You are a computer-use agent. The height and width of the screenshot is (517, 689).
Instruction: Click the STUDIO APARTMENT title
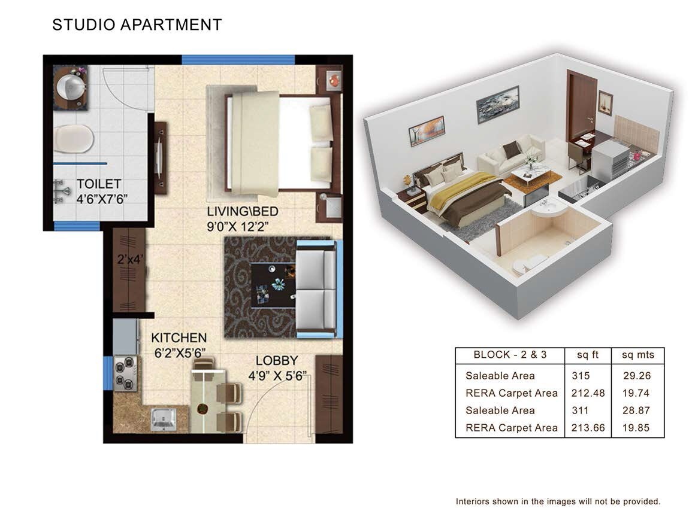137,25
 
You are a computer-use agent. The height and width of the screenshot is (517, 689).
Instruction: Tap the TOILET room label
99,184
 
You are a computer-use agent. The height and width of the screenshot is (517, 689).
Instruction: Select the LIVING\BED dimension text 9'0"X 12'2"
243,227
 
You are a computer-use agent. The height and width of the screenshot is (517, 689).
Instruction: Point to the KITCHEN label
179,338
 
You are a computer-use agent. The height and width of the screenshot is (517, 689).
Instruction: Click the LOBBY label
277,361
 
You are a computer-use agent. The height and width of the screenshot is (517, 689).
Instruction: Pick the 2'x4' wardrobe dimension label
130,260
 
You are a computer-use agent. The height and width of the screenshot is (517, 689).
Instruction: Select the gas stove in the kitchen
126,373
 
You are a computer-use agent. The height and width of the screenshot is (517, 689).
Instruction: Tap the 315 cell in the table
581,376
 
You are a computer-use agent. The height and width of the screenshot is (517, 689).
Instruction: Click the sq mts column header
637,355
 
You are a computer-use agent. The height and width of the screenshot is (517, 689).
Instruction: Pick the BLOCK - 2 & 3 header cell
510,355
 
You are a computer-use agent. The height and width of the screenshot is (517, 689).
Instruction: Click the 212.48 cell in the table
588,393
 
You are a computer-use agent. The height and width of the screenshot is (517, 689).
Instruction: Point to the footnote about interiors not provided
558,501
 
